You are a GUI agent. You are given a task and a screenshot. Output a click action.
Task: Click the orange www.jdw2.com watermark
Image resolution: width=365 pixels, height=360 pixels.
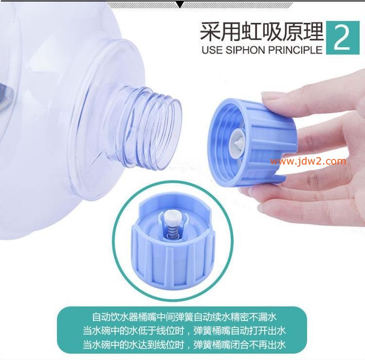[308, 161]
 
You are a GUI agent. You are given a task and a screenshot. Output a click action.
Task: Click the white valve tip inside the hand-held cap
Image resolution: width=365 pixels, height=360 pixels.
[237, 142]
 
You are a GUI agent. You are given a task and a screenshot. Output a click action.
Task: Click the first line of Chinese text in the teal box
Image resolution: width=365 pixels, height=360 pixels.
[184, 317]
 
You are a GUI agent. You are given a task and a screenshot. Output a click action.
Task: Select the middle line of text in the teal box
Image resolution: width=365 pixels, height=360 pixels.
[184, 331]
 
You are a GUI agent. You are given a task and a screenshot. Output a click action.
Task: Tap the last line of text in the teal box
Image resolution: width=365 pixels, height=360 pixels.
[184, 344]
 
